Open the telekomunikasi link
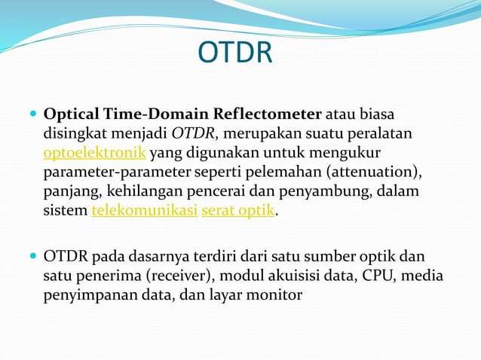click(144, 211)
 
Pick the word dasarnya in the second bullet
click(161, 256)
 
